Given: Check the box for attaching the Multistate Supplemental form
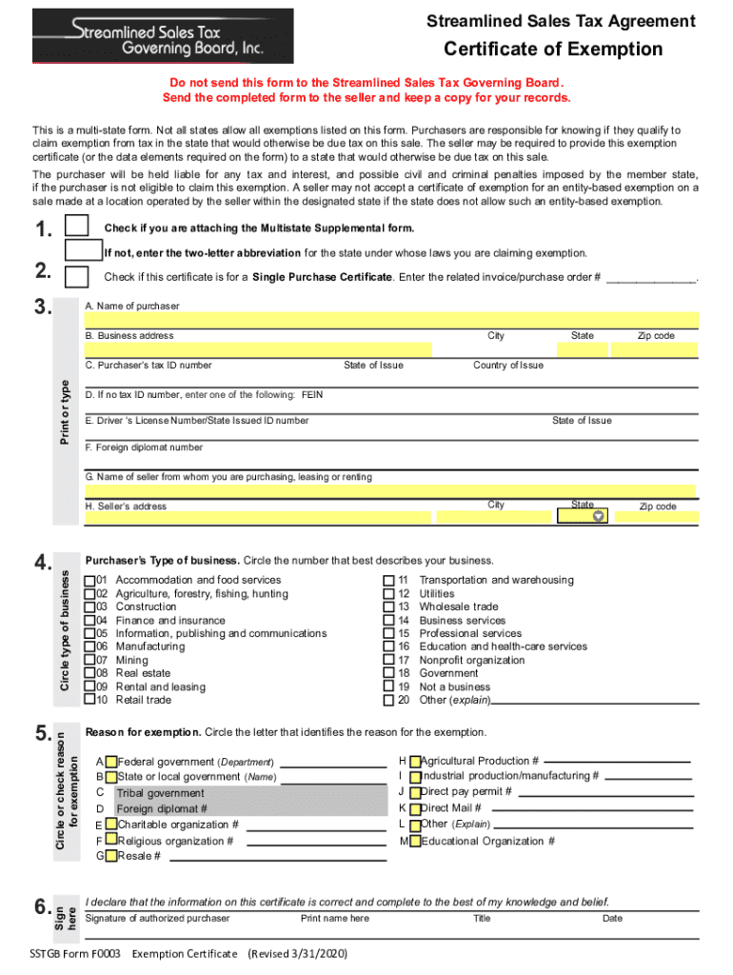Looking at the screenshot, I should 77,227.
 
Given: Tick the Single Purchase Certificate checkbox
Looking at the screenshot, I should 77,277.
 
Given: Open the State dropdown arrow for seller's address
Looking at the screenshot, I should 598,516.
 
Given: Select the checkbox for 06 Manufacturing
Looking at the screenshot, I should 89,647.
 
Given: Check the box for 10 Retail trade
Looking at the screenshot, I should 89,700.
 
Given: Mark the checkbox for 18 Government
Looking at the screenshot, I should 388,673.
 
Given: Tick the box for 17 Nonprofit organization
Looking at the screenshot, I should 388,660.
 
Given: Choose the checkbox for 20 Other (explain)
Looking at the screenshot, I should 388,700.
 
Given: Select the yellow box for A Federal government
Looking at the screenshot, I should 111,762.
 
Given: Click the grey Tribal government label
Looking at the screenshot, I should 160,793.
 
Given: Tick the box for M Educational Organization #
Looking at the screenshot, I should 415,841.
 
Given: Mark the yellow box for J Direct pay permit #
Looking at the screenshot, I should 415,791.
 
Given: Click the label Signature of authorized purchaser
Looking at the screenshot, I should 157,918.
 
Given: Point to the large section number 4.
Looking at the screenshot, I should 43,565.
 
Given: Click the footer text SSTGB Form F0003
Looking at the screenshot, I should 75,953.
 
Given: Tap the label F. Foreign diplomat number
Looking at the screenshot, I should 144,447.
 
